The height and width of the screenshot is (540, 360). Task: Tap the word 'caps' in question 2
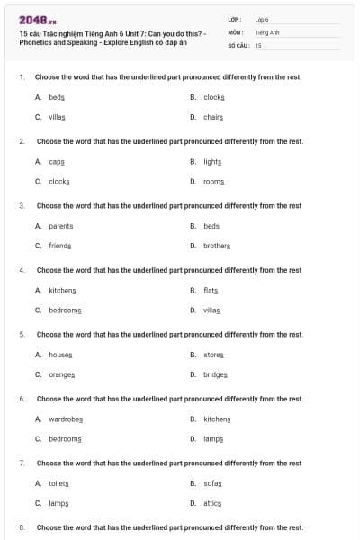pos(57,162)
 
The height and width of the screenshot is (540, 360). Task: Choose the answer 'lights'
pos(212,162)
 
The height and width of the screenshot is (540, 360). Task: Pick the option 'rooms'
pos(213,181)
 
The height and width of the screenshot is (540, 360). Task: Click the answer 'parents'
pos(61,226)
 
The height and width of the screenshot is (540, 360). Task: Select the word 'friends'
pos(60,246)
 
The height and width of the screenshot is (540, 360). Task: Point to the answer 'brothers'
pos(217,246)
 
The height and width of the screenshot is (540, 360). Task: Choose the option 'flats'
pos(211,291)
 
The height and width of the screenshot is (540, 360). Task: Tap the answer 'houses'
pos(60,355)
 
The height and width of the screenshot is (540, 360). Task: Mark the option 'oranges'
pos(62,374)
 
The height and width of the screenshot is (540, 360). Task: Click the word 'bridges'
pos(215,374)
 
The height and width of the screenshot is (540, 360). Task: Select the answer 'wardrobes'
pos(66,419)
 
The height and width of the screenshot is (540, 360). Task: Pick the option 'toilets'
pos(58,484)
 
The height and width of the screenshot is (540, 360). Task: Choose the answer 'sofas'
pos(211,484)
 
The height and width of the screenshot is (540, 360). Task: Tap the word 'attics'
pos(211,503)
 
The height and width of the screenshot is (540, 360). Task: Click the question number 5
pos(21,335)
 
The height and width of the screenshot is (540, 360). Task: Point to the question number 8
pos(21,527)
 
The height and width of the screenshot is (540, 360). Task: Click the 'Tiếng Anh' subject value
pos(267,31)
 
